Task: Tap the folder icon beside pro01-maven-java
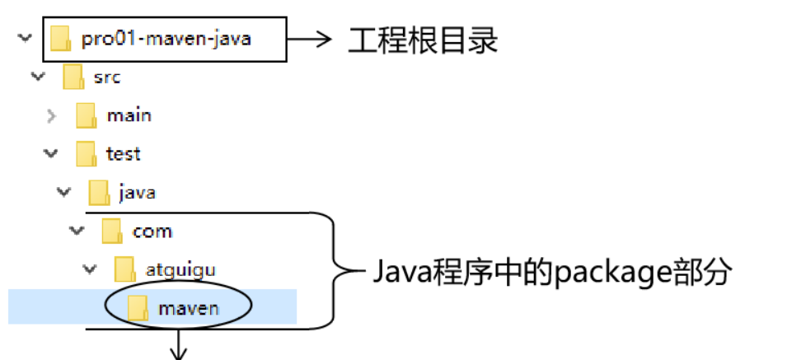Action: [x=60, y=39]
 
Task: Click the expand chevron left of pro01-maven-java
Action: [x=25, y=38]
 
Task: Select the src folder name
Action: [x=107, y=77]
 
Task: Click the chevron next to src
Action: [x=37, y=77]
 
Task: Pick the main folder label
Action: [x=129, y=115]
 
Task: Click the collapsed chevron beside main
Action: [x=51, y=115]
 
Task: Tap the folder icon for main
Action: [x=87, y=116]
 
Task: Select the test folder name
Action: [x=123, y=154]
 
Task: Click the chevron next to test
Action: [x=51, y=153]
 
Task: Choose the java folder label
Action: [x=136, y=193]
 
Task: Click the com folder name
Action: [x=152, y=231]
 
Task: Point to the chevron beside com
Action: [x=77, y=231]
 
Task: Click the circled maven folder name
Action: [x=189, y=308]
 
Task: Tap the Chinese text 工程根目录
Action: [x=423, y=39]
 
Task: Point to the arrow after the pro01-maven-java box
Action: [x=310, y=38]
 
